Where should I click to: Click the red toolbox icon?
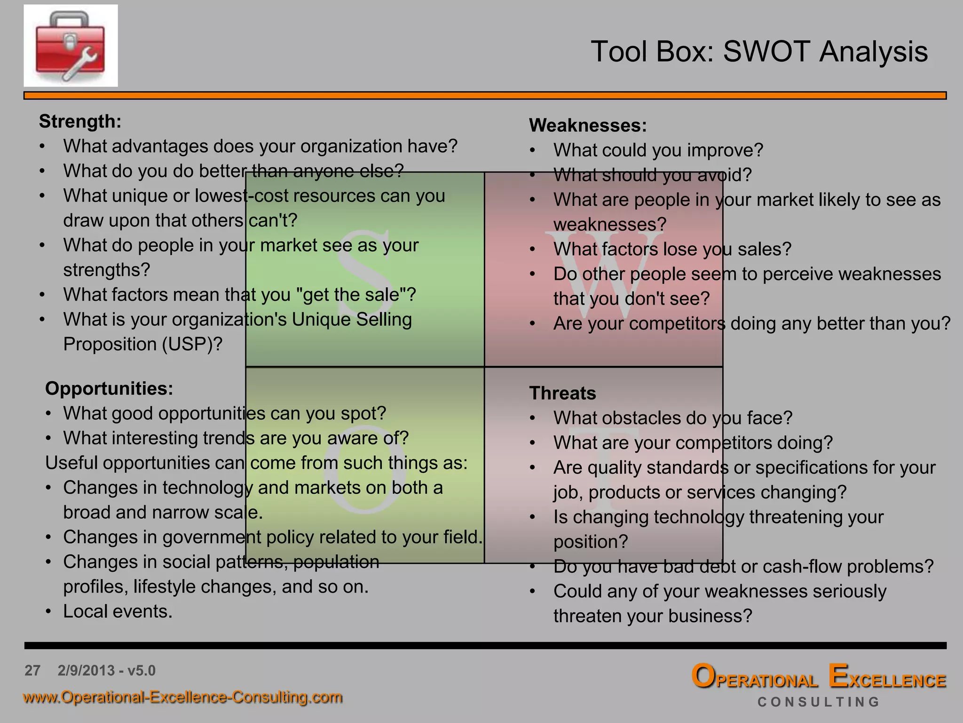pyautogui.click(x=71, y=46)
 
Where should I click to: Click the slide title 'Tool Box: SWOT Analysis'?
pyautogui.click(x=759, y=51)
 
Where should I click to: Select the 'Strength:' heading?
pyautogui.click(x=80, y=121)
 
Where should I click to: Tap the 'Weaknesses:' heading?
pyautogui.click(x=588, y=126)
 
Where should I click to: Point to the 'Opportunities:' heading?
pyautogui.click(x=109, y=389)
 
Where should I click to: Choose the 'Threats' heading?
pyautogui.click(x=562, y=394)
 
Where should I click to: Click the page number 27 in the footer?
pyautogui.click(x=32, y=670)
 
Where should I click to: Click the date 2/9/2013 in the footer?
pyautogui.click(x=86, y=670)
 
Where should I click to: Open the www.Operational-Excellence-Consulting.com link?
pyautogui.click(x=182, y=697)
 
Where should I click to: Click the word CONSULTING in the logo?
pyautogui.click(x=818, y=702)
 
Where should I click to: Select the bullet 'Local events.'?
pyautogui.click(x=118, y=611)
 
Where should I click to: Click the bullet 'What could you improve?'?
pyautogui.click(x=658, y=151)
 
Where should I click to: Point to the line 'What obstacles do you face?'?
pyautogui.click(x=672, y=418)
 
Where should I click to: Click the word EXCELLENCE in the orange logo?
pyautogui.click(x=887, y=678)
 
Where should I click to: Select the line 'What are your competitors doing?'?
pyautogui.click(x=693, y=443)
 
